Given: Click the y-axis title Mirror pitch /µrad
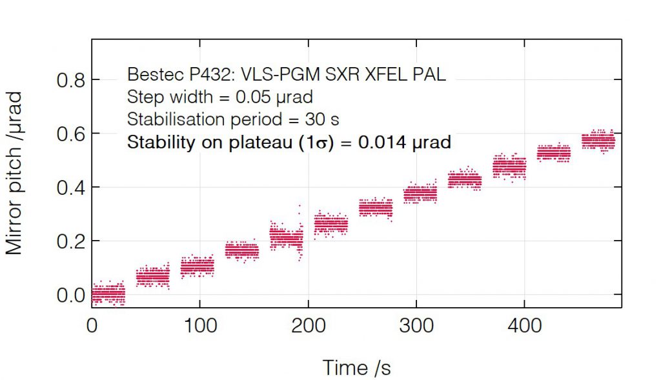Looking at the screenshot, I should coord(15,173).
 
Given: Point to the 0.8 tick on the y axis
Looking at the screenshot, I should coord(70,81).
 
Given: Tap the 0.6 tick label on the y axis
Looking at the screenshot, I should coord(70,134).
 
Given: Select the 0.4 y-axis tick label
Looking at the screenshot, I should coord(70,188).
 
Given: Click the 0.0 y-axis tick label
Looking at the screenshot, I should coord(70,295).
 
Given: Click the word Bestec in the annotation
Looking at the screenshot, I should coord(150,74).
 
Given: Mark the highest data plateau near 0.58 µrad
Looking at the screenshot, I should coord(598,141).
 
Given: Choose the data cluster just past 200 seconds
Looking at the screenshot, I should coord(330,225).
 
